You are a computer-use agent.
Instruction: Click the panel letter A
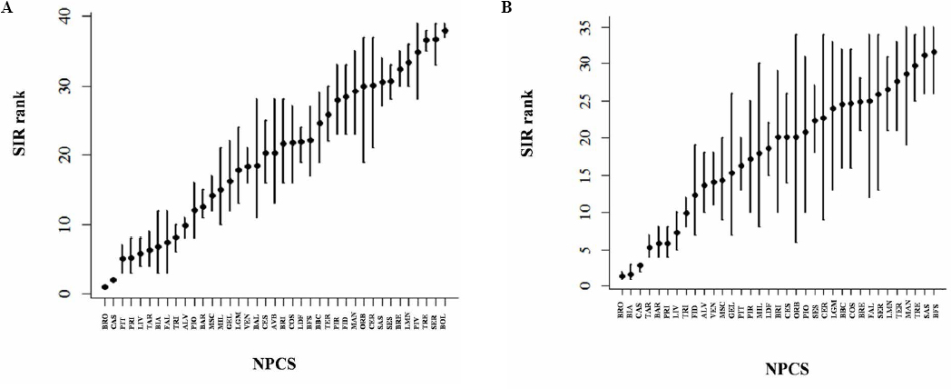(x=7, y=8)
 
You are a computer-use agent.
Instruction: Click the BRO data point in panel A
(x=104, y=286)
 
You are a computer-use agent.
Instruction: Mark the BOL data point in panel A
(x=445, y=31)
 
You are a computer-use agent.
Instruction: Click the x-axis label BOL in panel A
(x=445, y=323)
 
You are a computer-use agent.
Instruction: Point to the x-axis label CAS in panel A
(x=113, y=323)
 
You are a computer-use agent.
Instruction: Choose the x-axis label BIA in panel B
(x=631, y=313)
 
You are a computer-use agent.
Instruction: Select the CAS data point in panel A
(x=113, y=280)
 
